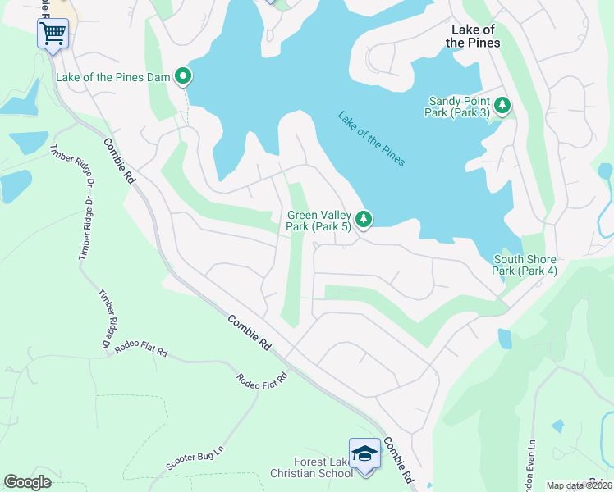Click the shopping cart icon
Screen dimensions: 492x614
point(53,34)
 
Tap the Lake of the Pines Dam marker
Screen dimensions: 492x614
point(184,77)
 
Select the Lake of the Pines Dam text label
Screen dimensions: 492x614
point(113,78)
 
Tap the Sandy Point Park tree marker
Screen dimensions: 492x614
point(502,105)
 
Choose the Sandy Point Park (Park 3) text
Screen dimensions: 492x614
point(459,107)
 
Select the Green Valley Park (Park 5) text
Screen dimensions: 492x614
point(319,221)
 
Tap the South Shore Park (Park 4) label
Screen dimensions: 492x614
point(525,265)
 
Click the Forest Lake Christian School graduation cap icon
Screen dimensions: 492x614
point(364,453)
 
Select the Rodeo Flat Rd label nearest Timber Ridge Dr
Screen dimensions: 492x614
point(141,351)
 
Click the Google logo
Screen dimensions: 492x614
point(28,482)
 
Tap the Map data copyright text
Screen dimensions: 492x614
point(580,485)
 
